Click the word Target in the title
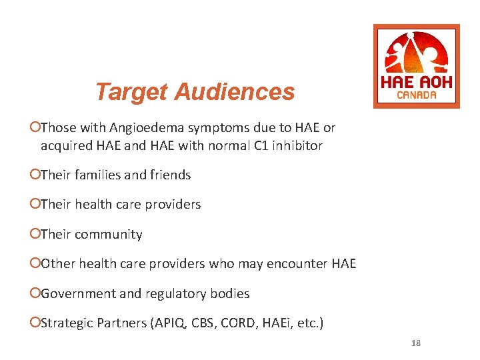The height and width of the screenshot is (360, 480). [131, 92]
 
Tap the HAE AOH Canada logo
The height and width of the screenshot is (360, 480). [416, 66]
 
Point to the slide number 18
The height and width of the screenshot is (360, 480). [416, 343]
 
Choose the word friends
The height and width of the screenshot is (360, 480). [171, 175]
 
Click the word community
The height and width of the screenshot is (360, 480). [109, 235]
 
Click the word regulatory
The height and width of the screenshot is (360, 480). [165, 294]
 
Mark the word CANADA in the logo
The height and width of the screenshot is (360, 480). [417, 95]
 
